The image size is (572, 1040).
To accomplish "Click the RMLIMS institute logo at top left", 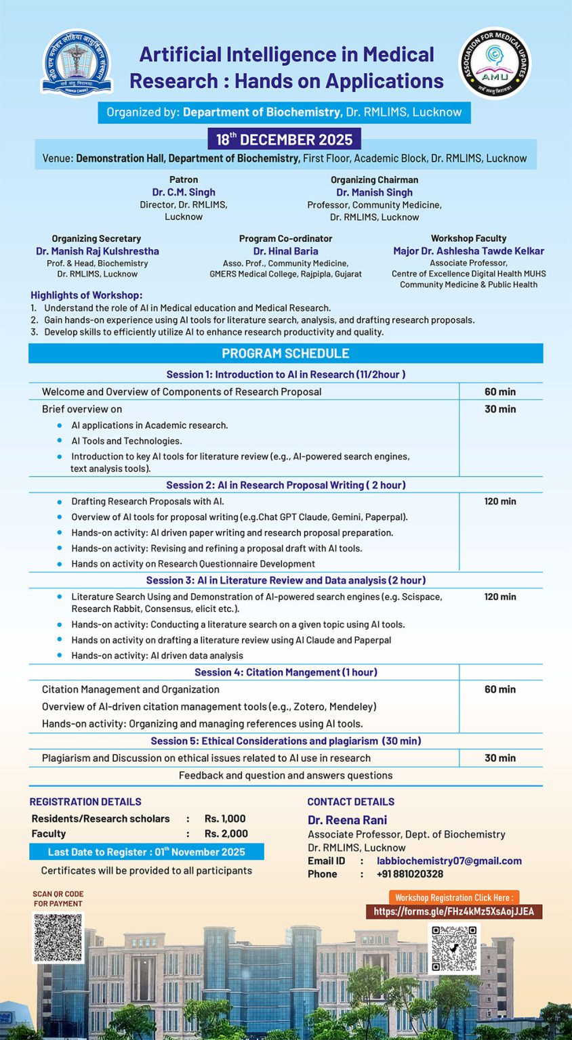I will (x=77, y=64).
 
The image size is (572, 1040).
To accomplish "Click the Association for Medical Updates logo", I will (x=495, y=64).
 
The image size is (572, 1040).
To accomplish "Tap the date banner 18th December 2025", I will (x=284, y=139).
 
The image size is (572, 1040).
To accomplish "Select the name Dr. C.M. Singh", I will (x=184, y=192).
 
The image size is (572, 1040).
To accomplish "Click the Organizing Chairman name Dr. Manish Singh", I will (x=374, y=192).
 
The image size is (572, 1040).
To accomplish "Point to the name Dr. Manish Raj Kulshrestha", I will (x=97, y=251).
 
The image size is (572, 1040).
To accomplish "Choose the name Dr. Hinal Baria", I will (x=285, y=251).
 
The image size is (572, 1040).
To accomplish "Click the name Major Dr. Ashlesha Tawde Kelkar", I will (x=468, y=251).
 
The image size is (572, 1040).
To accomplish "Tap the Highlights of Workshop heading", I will (x=86, y=295).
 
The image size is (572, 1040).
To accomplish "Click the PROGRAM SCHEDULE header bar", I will (x=285, y=353).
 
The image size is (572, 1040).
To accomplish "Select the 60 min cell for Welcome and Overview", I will (x=500, y=392).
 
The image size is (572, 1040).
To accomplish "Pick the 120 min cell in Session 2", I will (x=500, y=502).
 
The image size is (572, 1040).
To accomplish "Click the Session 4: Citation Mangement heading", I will (x=285, y=672).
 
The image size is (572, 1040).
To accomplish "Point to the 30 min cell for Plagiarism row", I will (x=500, y=758).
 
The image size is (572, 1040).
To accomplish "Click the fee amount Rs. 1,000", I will (x=225, y=819).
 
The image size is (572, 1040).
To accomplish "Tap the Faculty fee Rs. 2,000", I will (x=226, y=833).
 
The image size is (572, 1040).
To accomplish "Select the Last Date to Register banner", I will (x=146, y=852).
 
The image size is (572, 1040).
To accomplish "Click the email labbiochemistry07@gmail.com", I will (x=449, y=861).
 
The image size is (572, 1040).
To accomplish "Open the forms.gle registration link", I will (x=453, y=911).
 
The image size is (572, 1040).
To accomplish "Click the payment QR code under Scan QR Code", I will (x=58, y=937).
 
